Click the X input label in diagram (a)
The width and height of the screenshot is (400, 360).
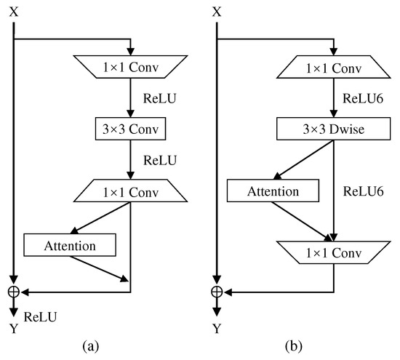coord(13,13)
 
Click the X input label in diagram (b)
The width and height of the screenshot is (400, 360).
coord(216,13)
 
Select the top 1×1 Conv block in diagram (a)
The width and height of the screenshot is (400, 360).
coord(130,68)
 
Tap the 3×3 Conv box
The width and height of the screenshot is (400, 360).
coord(130,129)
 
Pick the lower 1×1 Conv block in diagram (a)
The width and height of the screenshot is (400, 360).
coord(130,192)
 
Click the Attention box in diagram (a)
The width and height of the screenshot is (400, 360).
coord(70,245)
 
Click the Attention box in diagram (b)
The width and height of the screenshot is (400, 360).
coord(273,191)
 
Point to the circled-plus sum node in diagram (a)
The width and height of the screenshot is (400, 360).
coord(13,292)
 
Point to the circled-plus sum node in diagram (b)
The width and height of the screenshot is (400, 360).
coord(216,292)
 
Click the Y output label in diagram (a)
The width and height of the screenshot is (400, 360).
coord(13,329)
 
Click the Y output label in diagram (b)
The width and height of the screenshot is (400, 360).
coord(216,329)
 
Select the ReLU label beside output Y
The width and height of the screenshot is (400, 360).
coord(40,316)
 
